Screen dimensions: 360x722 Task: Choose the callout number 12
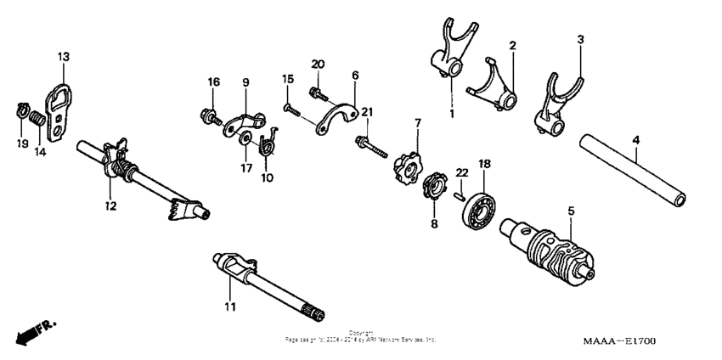(108, 205)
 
